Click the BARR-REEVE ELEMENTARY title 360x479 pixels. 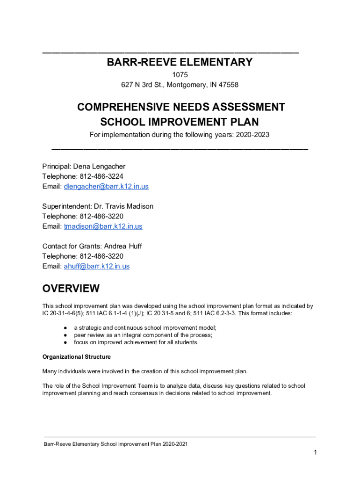[x=180, y=62]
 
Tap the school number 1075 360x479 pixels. [x=180, y=75]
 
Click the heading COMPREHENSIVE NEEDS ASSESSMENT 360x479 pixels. [x=180, y=107]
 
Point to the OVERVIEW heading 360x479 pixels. [x=71, y=288]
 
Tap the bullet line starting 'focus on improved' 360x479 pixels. [x=136, y=342]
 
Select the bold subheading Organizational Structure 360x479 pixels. [x=77, y=357]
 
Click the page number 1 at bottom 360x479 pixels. [x=316, y=452]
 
